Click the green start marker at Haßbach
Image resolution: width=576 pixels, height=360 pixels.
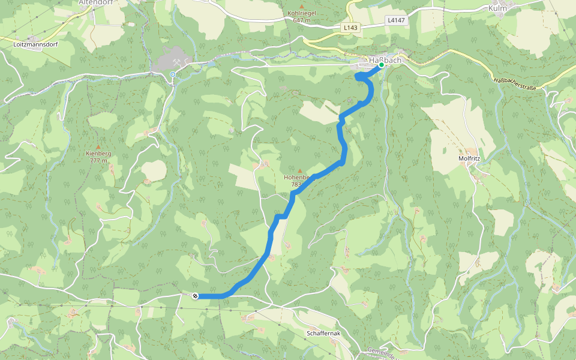point(381,65)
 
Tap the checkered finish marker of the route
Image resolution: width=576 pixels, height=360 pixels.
point(195,295)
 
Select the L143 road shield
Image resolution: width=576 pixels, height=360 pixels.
point(352,28)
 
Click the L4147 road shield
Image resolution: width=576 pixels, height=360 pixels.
point(396,20)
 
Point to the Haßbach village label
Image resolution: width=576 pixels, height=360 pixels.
point(384,60)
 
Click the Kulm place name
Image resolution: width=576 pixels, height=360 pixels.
point(497,8)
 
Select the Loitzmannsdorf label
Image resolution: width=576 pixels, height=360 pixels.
point(34,44)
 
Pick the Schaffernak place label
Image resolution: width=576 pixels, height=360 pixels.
point(323,333)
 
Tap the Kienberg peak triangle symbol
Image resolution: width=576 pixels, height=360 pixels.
point(98,146)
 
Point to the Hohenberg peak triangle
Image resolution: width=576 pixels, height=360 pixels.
point(300,171)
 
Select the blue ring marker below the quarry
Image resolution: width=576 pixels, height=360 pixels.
point(173,74)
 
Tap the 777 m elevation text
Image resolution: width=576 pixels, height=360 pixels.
point(98,160)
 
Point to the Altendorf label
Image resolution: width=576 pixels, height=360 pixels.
point(96,2)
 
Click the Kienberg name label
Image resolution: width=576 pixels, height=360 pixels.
point(98,154)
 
